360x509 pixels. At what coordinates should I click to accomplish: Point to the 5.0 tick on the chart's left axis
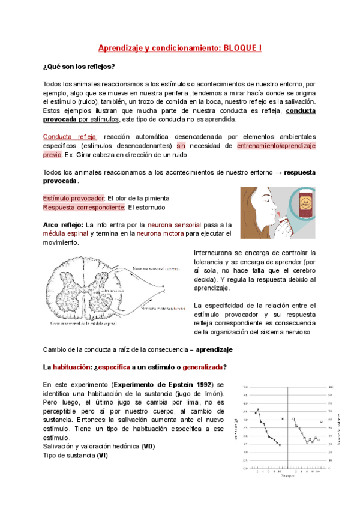[x=245, y=387]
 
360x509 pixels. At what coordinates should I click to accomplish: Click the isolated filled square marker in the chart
[x=282, y=418]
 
